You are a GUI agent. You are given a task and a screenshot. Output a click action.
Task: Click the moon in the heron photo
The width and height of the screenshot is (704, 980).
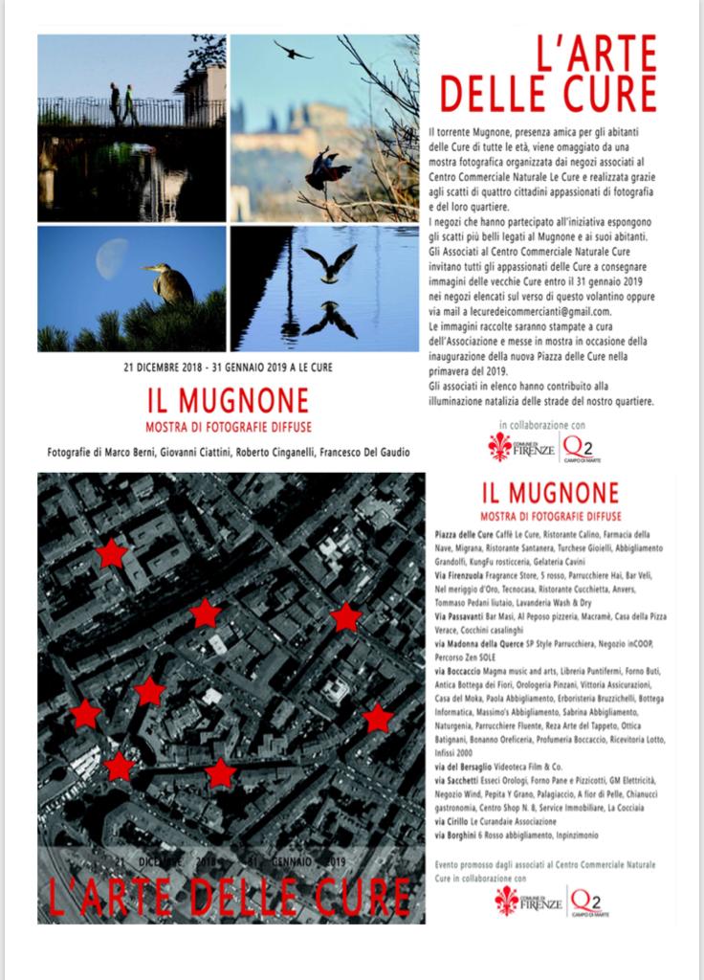pyautogui.click(x=112, y=257)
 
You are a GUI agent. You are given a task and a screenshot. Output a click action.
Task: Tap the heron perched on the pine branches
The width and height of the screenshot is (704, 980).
pyautogui.click(x=170, y=284)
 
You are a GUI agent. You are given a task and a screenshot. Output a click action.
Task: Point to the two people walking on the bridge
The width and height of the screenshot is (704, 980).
pyautogui.click(x=122, y=104)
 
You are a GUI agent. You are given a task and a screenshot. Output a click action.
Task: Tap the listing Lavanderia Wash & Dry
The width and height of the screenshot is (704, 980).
pyautogui.click(x=568, y=603)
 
